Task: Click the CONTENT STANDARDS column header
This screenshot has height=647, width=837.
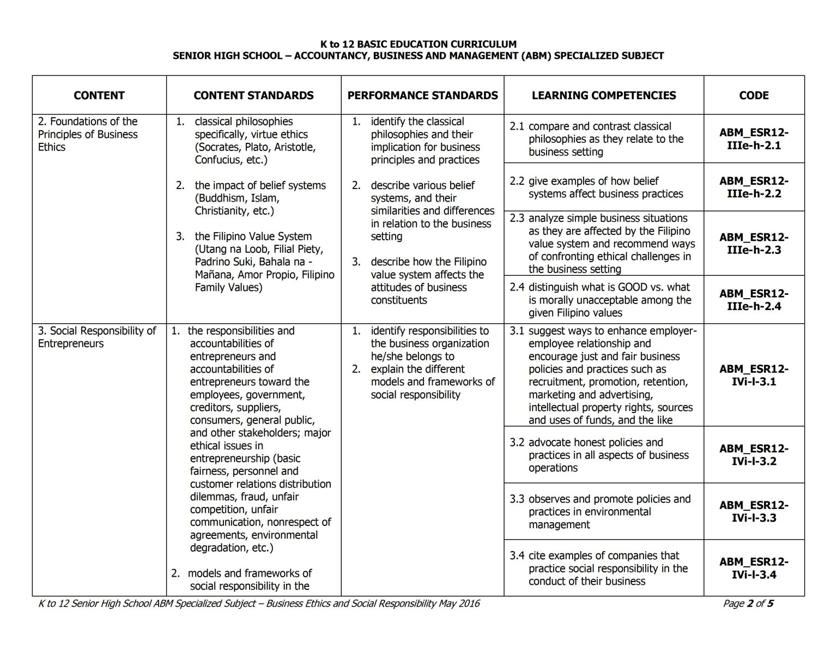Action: point(253,95)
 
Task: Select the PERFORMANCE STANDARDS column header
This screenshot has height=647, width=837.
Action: point(422,95)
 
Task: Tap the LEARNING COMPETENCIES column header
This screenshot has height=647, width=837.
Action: point(604,95)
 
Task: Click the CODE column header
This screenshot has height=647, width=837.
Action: point(754,95)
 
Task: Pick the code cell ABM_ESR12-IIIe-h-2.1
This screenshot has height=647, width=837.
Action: point(754,139)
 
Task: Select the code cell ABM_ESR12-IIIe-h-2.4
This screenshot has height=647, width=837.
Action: point(754,300)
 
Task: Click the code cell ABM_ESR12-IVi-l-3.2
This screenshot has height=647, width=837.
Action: point(754,455)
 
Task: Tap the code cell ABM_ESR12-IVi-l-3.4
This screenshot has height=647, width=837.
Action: point(754,568)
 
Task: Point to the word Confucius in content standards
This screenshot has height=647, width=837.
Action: point(218,160)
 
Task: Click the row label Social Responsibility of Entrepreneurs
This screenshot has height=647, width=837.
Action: point(96,337)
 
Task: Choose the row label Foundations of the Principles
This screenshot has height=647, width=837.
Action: point(87,134)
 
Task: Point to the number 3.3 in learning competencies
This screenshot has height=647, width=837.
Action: point(517,499)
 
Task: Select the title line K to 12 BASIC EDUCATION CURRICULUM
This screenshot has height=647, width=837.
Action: point(418,44)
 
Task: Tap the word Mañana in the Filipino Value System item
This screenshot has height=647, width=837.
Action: point(214,275)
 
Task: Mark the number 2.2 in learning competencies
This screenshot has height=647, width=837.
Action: point(517,181)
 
